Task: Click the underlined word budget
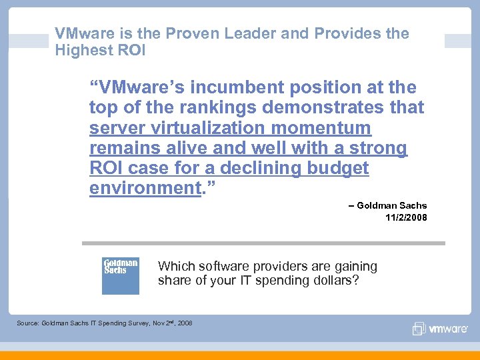point(338,168)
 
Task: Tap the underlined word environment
point(145,188)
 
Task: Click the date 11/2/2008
point(406,218)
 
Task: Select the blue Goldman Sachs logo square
point(121,275)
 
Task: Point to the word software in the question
point(217,267)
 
